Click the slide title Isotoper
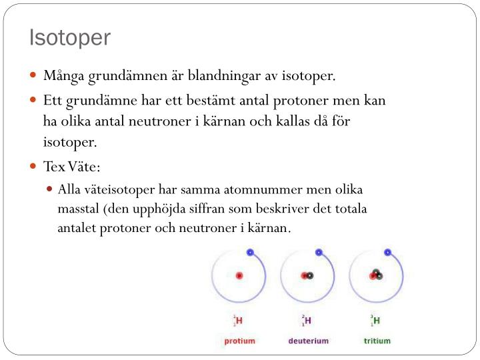70,37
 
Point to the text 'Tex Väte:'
71,166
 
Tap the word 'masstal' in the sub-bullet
78,208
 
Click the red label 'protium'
239,341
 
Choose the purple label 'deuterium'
308,341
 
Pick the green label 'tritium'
377,341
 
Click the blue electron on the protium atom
250,253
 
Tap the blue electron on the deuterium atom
319,253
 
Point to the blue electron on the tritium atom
387,253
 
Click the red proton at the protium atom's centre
239,275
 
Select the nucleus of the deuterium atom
307,275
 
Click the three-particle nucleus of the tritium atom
377,274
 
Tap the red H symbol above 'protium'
239,321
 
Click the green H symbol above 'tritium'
377,321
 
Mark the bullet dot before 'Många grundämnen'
33,76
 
